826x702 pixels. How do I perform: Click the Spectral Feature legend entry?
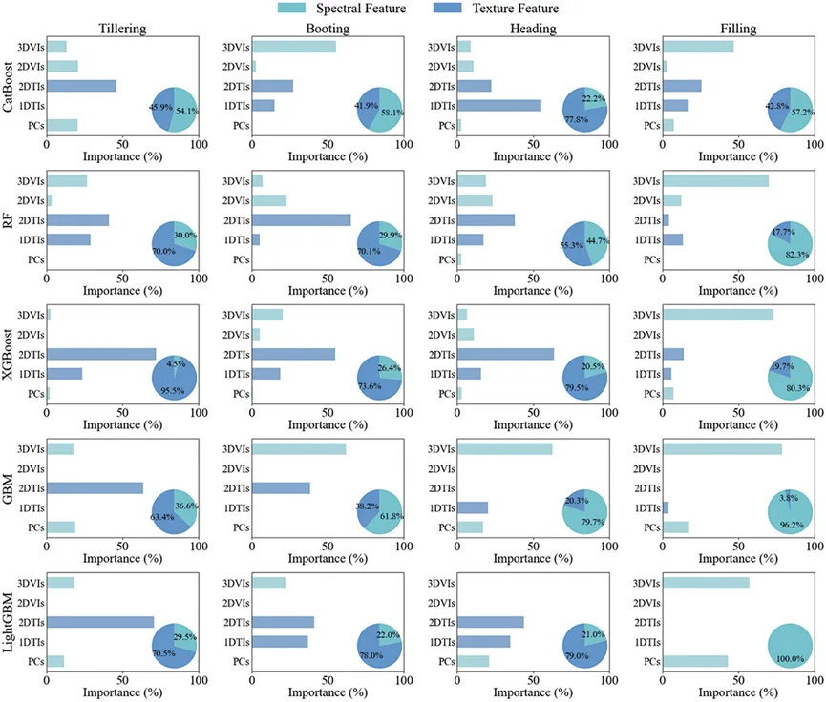[350, 8]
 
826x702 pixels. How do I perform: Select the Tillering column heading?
[122, 29]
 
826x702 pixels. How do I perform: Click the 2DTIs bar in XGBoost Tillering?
[101, 354]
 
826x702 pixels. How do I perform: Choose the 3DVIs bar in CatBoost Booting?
[294, 47]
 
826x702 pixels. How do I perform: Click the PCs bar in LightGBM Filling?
[695, 661]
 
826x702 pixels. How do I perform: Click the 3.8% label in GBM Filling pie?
[789, 497]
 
